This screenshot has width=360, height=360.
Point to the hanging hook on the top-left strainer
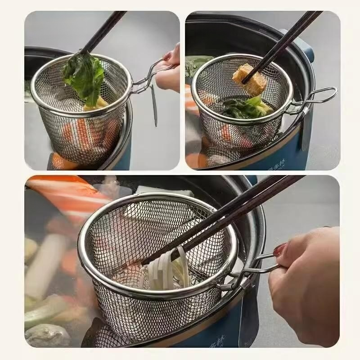154,106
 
